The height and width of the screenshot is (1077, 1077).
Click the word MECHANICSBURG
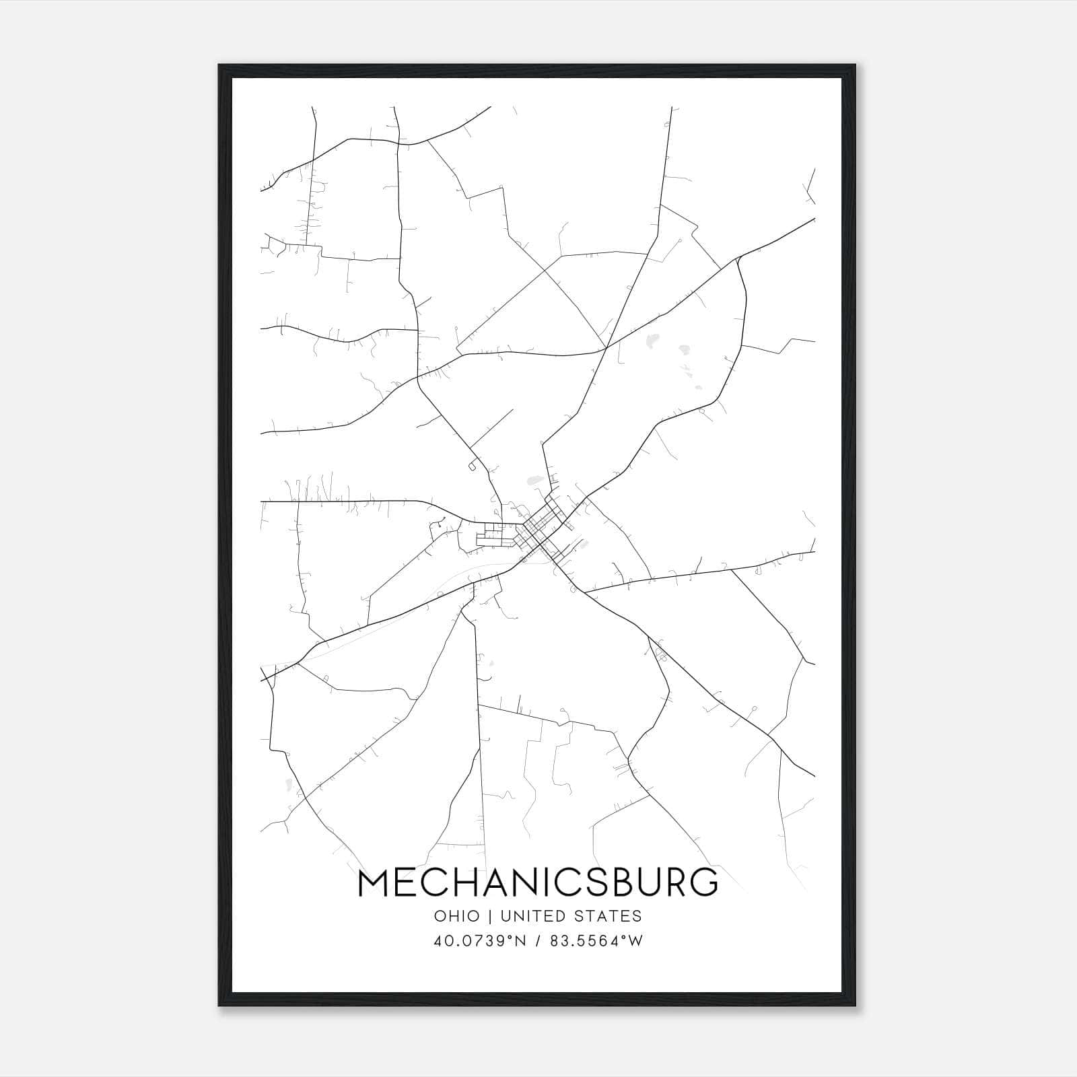pyautogui.click(x=538, y=882)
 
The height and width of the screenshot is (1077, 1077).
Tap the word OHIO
pyautogui.click(x=457, y=916)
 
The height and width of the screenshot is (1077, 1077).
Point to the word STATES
pyautogui.click(x=611, y=916)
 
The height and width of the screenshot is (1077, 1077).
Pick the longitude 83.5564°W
pyautogui.click(x=596, y=941)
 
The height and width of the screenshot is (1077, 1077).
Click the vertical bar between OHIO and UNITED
pyautogui.click(x=491, y=916)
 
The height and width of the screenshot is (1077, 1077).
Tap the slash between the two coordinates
pyautogui.click(x=538, y=941)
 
